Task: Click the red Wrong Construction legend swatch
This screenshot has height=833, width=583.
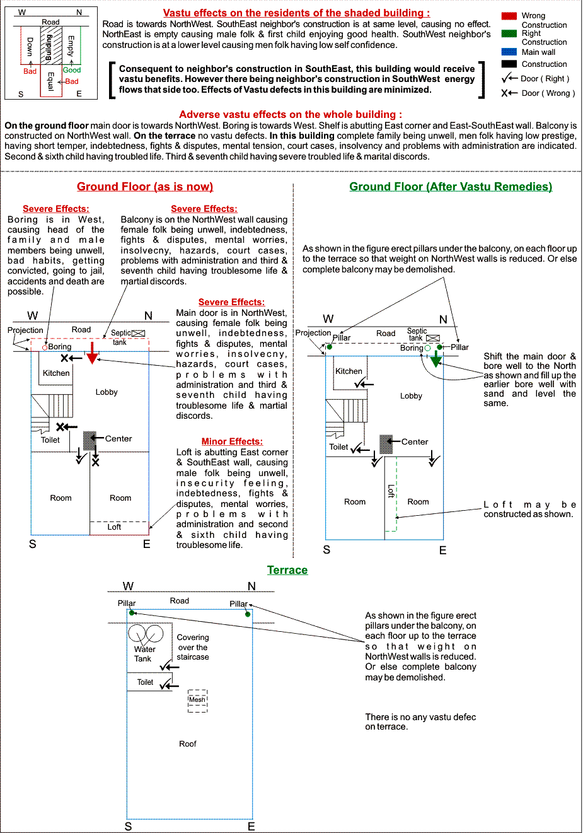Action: tap(509, 16)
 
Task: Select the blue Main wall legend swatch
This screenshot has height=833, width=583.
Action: tap(509, 52)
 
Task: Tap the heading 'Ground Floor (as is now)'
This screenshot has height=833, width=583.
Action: tap(145, 187)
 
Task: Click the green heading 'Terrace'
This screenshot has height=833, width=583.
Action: tap(287, 570)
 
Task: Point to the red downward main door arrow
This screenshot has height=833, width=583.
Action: tap(92, 354)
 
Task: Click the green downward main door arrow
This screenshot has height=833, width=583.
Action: tap(436, 359)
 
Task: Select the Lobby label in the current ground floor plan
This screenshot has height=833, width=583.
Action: tap(107, 392)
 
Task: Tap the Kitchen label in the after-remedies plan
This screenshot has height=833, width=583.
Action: tap(349, 371)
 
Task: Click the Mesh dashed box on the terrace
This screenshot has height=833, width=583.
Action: tap(197, 701)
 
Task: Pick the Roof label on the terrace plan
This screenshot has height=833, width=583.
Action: tap(188, 744)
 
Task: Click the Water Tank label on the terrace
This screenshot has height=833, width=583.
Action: tap(144, 654)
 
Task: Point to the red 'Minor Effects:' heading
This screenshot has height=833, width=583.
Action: tap(232, 441)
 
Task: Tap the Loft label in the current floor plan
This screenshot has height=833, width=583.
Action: tap(114, 527)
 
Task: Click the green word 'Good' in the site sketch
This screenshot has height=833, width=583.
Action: tap(72, 70)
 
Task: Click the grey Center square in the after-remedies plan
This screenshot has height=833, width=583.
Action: tap(386, 444)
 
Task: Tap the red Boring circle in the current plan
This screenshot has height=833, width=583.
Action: tap(45, 347)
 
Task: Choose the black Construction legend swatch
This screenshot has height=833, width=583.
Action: tap(509, 64)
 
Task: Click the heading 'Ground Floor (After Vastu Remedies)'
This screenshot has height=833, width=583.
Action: tap(451, 187)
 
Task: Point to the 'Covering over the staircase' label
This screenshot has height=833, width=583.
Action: tap(193, 648)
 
